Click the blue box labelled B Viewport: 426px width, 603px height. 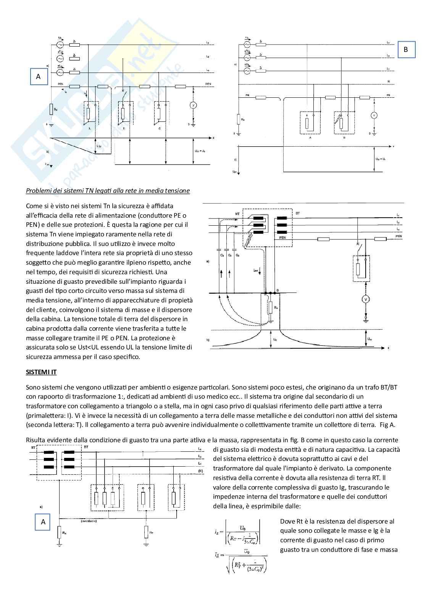click(406, 50)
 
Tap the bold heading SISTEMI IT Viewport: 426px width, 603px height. click(41, 372)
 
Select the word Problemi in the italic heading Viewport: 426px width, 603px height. click(39, 191)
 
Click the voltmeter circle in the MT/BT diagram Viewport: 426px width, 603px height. click(366, 299)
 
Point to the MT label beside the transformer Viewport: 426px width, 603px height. click(237, 214)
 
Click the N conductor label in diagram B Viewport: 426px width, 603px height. click(388, 81)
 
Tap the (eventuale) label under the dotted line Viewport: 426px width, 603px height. click(89, 521)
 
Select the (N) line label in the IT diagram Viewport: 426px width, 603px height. click(200, 472)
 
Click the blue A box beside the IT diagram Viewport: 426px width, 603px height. click(43, 522)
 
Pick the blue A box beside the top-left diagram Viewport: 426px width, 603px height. click(38, 76)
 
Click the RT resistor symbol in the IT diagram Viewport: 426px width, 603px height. click(147, 532)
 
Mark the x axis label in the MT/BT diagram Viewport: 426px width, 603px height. click(388, 348)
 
